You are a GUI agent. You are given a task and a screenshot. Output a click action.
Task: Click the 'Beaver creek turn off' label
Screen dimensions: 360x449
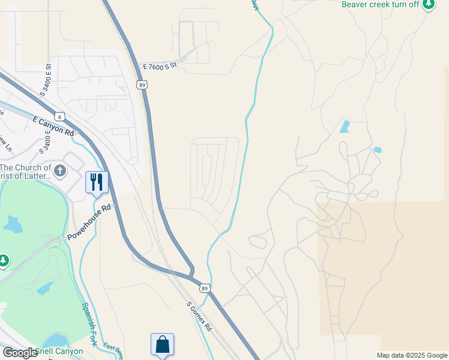tap(380, 4)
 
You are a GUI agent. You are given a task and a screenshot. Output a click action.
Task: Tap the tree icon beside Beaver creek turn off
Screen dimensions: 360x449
tap(428, 5)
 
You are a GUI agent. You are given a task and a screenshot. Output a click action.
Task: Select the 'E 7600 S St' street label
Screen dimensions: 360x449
tap(155, 66)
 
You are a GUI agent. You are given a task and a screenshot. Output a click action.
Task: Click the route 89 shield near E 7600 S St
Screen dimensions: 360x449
tap(142, 86)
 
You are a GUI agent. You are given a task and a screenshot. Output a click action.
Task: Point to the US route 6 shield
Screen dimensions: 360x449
tap(59, 116)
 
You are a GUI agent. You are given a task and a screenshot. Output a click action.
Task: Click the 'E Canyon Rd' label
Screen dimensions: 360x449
tap(53, 126)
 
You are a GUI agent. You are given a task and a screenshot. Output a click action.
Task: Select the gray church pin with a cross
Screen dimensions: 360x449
tap(59, 172)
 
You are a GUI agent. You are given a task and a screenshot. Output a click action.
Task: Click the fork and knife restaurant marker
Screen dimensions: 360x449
tap(97, 181)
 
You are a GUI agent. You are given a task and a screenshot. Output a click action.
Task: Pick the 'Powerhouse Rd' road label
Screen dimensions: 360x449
tap(89, 221)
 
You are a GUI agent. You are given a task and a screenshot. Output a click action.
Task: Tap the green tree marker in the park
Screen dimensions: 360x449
tap(4, 260)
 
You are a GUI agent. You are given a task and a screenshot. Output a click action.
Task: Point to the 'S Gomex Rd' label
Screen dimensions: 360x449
tap(199, 316)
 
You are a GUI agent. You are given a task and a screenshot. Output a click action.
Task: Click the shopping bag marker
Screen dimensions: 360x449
tap(162, 344)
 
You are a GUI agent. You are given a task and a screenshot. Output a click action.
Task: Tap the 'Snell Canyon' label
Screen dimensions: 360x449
tap(58, 352)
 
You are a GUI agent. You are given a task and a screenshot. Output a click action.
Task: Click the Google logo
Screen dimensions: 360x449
tap(20, 352)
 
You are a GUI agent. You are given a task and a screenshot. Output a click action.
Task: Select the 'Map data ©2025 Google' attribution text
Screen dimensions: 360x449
tap(412, 355)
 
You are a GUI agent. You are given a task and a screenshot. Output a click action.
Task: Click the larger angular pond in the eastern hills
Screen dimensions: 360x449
tap(345, 127)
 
